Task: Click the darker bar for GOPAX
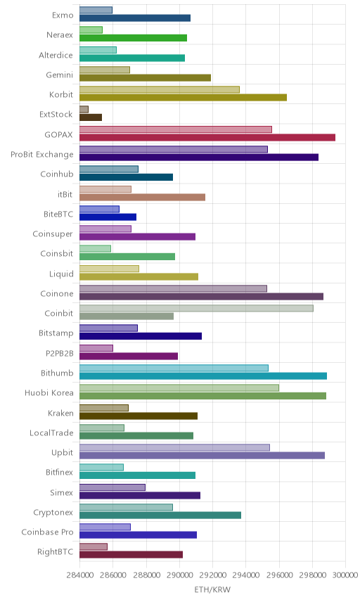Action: pos(207,137)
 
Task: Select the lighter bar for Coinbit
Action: pos(196,308)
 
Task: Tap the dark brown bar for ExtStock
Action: pos(91,117)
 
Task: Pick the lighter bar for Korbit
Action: pos(160,89)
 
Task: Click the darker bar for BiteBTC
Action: pos(108,217)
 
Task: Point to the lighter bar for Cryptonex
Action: pos(127,507)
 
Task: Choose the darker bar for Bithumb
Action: pos(203,376)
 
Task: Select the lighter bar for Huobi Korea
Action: pos(179,388)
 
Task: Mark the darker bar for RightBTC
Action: pos(131,555)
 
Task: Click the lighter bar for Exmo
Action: pos(96,10)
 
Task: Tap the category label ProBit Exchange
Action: pos(41,154)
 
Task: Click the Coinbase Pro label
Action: pos(47,532)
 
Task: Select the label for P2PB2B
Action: pos(60,353)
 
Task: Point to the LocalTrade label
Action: pos(51,433)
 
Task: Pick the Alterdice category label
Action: pos(56,55)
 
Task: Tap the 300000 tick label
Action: pos(345,575)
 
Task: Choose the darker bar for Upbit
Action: pos(202,455)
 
